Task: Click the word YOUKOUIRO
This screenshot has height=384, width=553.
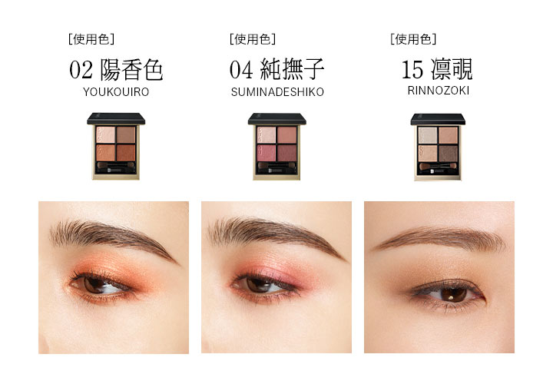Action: click(x=116, y=92)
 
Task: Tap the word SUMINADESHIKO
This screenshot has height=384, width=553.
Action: click(x=277, y=92)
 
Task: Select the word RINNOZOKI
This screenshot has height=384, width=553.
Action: click(x=439, y=91)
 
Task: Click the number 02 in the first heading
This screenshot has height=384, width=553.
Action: click(x=81, y=70)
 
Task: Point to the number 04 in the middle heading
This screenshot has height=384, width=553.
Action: click(x=241, y=69)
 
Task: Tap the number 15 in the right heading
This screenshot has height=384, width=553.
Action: click(x=412, y=69)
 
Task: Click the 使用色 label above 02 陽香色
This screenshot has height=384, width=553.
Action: click(x=91, y=39)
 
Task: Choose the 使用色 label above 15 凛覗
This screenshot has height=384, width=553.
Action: click(x=414, y=39)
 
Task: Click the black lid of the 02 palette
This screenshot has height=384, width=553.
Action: click(x=116, y=119)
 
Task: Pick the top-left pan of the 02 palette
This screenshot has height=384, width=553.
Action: click(x=105, y=134)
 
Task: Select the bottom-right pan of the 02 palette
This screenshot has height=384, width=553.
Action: click(x=126, y=152)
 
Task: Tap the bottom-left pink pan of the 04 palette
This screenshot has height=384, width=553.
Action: click(x=267, y=153)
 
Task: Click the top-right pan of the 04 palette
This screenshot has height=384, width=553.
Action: click(x=287, y=135)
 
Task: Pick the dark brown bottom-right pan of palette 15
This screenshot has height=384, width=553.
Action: click(x=449, y=154)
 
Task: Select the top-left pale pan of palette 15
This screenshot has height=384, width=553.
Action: click(x=428, y=135)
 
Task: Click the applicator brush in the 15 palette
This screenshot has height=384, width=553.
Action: click(x=438, y=166)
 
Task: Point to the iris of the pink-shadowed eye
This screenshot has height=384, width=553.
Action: click(x=258, y=285)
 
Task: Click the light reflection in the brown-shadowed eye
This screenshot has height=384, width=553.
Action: click(x=452, y=297)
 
